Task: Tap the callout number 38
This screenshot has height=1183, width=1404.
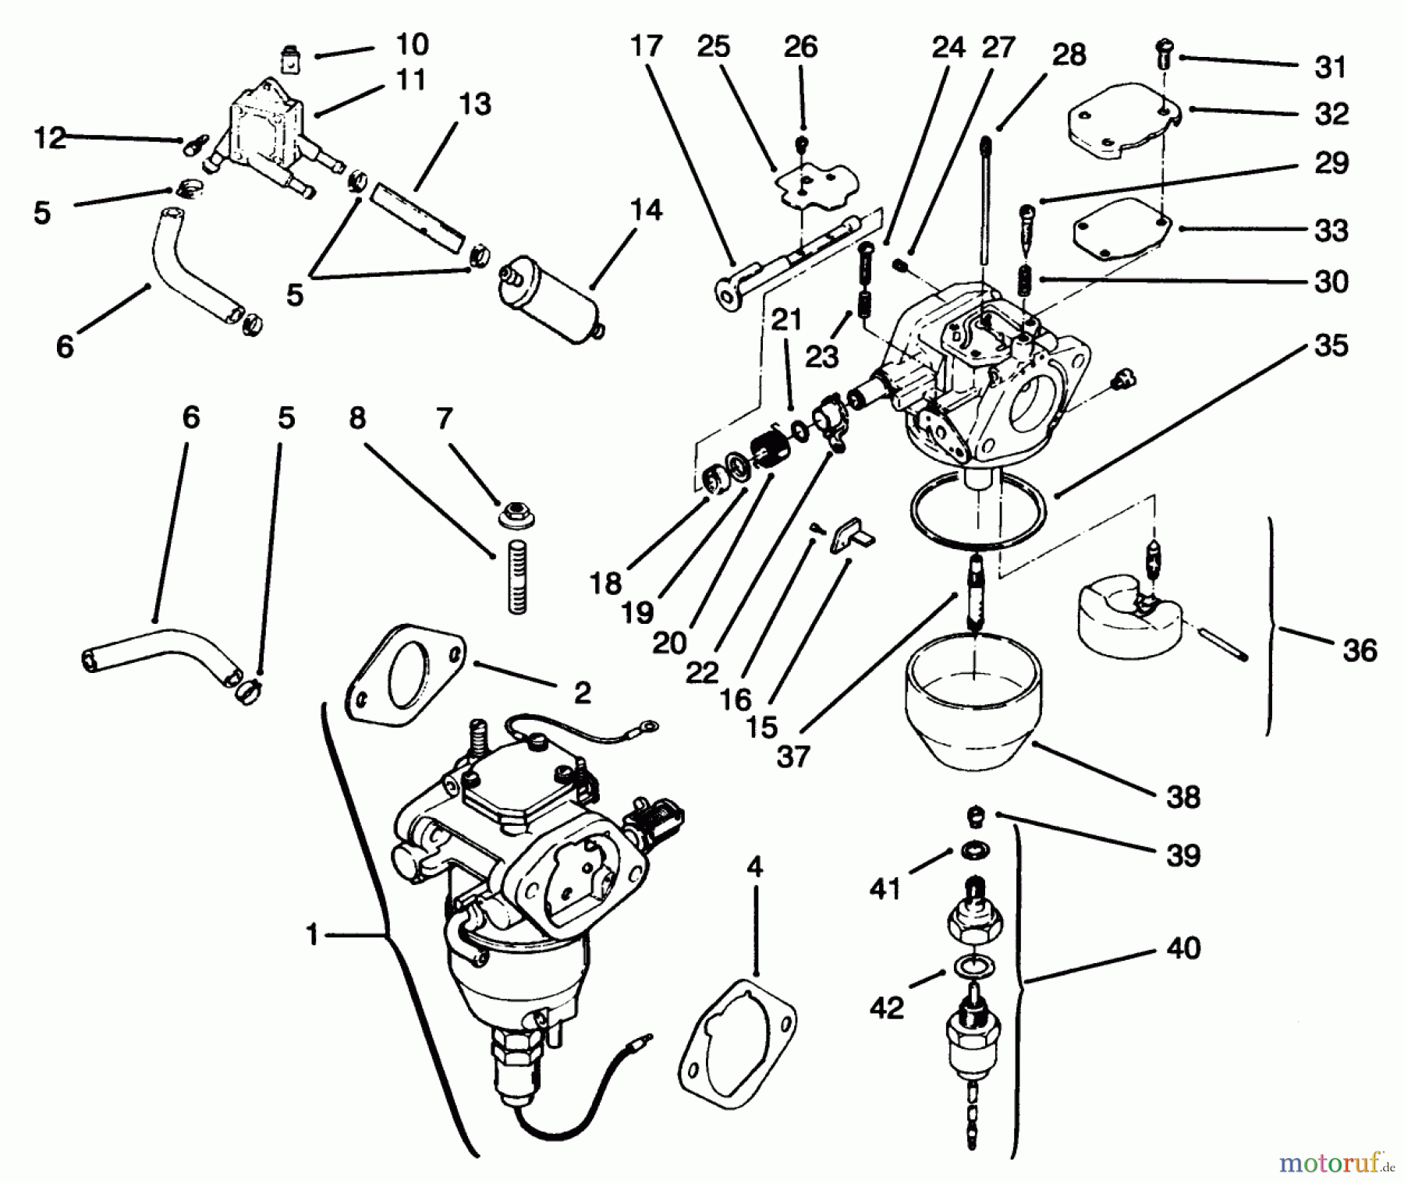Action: point(1182,797)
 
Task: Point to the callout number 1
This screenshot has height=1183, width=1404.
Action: point(312,933)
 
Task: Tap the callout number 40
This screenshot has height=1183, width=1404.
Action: point(1182,948)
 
